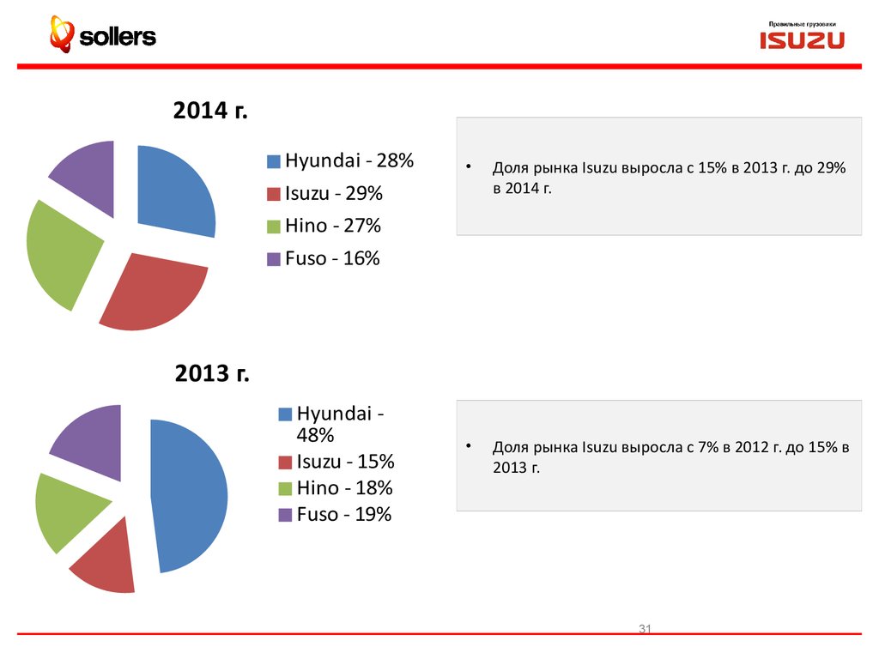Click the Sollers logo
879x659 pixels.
[x=103, y=35]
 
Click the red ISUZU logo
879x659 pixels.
[x=802, y=40]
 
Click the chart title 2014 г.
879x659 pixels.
[x=210, y=112]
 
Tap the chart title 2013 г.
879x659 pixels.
[x=212, y=374]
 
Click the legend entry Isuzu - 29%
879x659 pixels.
[x=333, y=193]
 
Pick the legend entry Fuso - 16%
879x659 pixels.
[x=331, y=258]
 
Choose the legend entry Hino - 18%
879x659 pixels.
[x=344, y=488]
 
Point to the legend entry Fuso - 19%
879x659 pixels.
[x=343, y=515]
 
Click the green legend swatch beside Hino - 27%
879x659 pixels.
[x=273, y=227]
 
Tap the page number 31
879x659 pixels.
[x=646, y=631]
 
